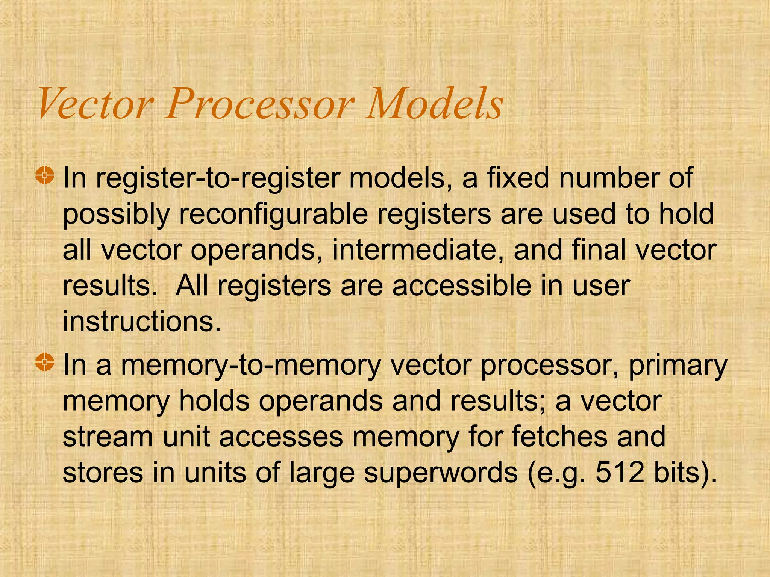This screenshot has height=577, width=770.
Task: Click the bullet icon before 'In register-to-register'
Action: (x=45, y=175)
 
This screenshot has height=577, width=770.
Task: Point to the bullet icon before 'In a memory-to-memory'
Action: (x=45, y=363)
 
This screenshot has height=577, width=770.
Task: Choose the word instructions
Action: (x=141, y=322)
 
